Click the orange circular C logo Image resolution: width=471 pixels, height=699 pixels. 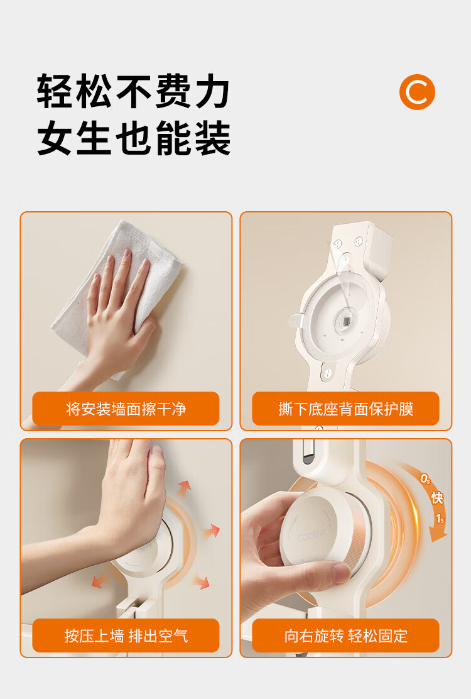(x=417, y=92)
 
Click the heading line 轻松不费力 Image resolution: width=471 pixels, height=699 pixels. (x=133, y=91)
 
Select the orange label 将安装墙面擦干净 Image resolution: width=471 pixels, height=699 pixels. (x=126, y=409)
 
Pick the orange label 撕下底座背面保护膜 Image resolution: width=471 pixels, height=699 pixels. (x=345, y=409)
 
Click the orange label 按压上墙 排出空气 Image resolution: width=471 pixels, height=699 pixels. (x=126, y=636)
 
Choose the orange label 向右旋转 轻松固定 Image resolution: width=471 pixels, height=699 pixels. (x=345, y=636)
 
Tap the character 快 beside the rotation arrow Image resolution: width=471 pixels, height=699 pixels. (x=436, y=497)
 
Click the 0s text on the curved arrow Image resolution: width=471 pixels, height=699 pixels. (x=425, y=479)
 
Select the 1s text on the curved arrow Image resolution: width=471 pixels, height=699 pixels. (x=440, y=519)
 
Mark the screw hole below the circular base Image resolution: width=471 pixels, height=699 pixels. (x=328, y=373)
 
